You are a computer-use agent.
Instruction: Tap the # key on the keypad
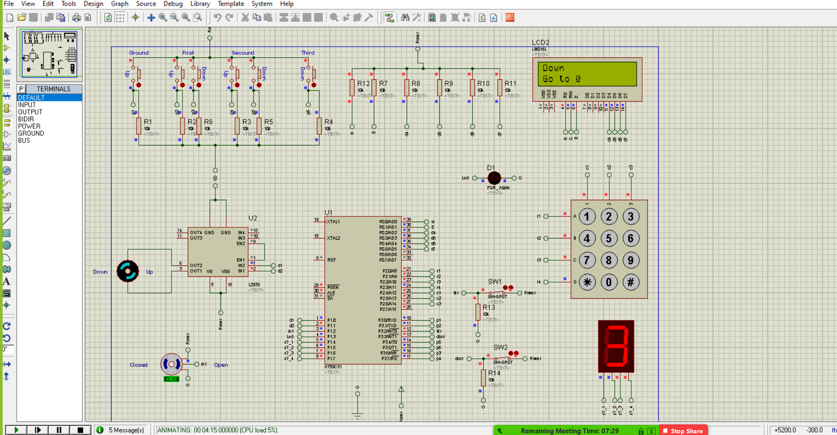(x=630, y=282)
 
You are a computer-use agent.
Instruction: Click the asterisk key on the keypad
(x=587, y=282)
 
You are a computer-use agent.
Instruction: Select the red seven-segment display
(x=616, y=346)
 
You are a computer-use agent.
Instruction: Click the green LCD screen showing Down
(x=587, y=74)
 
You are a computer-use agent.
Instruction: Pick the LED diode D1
(x=494, y=178)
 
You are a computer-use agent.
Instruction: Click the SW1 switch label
(x=494, y=282)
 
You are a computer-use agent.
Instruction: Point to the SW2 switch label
(x=500, y=347)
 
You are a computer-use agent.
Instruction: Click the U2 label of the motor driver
(x=253, y=218)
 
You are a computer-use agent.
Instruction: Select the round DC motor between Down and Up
(x=128, y=271)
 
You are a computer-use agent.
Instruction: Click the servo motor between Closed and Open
(x=171, y=364)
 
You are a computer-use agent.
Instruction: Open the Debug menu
(x=173, y=4)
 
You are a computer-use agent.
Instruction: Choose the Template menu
(x=231, y=4)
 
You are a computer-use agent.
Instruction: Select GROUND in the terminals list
(x=31, y=133)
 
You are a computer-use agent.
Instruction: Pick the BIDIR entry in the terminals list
(x=26, y=119)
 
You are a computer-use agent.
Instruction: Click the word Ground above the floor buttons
(x=139, y=53)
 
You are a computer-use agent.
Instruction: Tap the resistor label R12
(x=363, y=83)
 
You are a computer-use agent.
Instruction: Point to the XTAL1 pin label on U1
(x=333, y=222)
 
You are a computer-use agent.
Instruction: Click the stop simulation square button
(x=80, y=430)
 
